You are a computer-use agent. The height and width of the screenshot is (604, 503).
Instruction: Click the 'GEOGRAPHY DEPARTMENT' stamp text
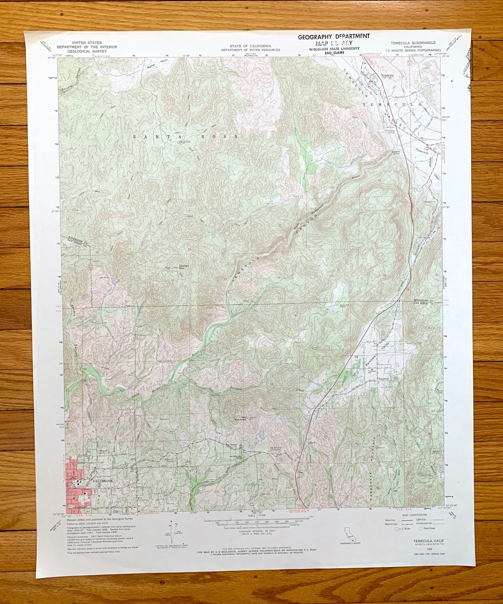tap(334, 36)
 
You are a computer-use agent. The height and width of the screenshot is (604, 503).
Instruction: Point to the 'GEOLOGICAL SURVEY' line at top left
tap(87, 51)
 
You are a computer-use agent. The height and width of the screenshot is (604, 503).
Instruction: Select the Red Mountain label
tap(244, 418)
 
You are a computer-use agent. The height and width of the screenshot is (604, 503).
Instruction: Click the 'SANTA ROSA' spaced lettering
tap(185, 136)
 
